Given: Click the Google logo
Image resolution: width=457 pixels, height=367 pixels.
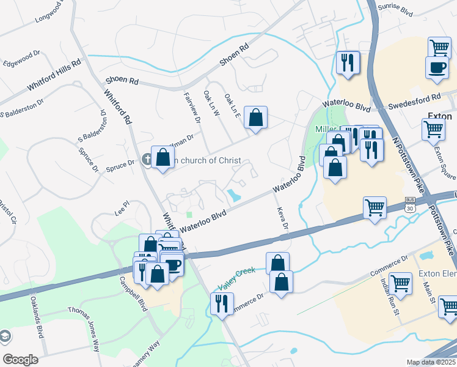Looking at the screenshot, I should click(x=20, y=360).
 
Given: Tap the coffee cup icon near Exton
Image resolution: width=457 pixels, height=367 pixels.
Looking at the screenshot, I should click(x=437, y=68).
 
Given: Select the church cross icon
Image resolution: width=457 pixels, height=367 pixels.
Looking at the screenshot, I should click(x=146, y=160).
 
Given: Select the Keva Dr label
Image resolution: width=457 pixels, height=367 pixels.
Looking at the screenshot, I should click(x=282, y=217).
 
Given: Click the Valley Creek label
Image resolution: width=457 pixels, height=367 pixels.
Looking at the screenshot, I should click(x=236, y=279).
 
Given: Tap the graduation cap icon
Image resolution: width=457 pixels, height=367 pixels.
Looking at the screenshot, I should click(x=5, y=336).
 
